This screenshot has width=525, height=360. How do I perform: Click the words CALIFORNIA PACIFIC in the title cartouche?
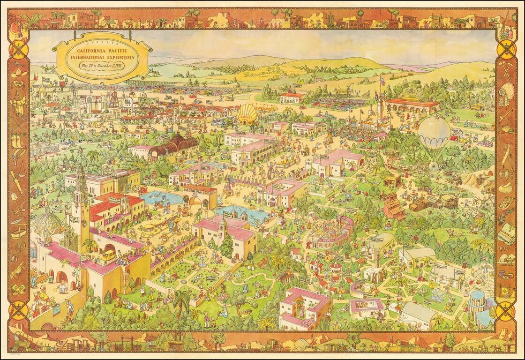[102, 50]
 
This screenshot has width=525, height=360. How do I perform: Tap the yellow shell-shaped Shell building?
[247, 114]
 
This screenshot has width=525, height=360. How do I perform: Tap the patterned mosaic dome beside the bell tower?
[48, 222]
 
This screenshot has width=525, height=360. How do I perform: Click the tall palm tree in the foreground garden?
[182, 300]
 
